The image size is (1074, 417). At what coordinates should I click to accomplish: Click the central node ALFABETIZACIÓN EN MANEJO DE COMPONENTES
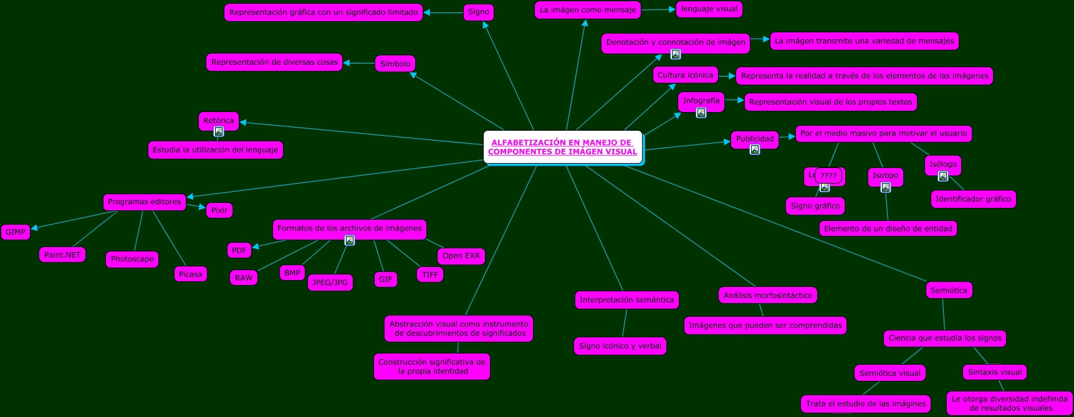tap(562, 147)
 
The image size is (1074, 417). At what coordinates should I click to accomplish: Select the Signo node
tap(478, 12)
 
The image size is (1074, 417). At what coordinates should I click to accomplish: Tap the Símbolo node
tap(395, 63)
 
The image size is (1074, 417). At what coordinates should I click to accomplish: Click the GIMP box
tap(16, 232)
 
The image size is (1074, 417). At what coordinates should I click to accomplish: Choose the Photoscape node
tap(132, 259)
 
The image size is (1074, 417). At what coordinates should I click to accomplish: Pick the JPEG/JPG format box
tap(330, 283)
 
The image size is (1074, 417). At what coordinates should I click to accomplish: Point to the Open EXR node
tap(461, 256)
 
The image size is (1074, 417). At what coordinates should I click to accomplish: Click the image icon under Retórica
tap(219, 131)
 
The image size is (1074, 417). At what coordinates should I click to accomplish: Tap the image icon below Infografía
tap(701, 113)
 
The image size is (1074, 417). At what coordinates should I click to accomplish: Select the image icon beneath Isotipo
tap(886, 187)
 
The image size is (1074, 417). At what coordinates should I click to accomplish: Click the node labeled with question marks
tap(828, 176)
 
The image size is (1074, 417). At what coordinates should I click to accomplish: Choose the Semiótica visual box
tap(889, 373)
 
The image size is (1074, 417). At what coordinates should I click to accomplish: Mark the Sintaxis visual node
tap(994, 372)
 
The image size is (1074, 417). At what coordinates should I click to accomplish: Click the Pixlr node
tap(219, 210)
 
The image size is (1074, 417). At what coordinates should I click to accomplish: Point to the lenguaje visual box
tap(709, 9)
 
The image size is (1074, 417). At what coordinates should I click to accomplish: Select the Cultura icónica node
tap(685, 75)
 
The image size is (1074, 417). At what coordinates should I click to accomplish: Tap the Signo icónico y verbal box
tap(620, 346)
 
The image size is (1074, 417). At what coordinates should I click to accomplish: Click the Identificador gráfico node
tap(973, 199)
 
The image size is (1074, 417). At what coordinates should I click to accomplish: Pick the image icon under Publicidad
tap(755, 149)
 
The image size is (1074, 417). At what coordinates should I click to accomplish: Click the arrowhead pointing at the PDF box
tap(256, 246)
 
